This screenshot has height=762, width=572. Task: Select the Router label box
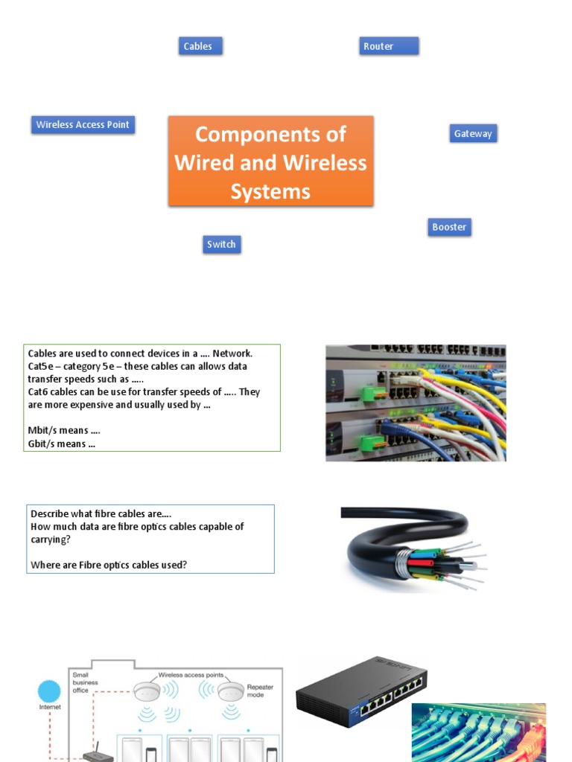[x=388, y=46]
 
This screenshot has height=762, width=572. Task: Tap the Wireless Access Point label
[x=83, y=125]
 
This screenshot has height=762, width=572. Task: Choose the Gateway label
[x=473, y=134]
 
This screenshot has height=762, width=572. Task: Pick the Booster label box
[x=449, y=227]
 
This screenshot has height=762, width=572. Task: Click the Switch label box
[x=221, y=244]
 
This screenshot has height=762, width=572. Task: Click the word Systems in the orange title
[x=270, y=192]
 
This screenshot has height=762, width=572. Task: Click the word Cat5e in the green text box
[x=41, y=366]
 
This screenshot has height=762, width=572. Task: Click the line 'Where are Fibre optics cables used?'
[x=109, y=565]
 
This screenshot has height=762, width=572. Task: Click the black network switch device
[x=360, y=692]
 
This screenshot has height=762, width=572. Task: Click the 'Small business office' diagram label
[x=85, y=682]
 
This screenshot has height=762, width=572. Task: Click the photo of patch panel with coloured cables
[x=416, y=403]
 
